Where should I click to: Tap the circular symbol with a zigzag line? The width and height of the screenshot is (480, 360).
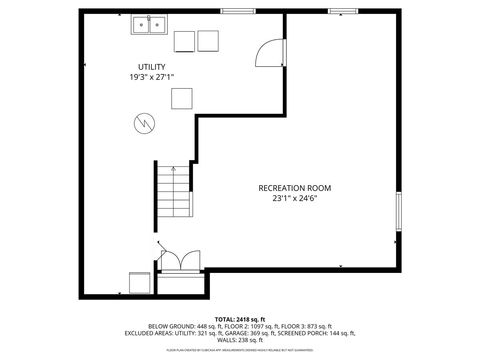144,123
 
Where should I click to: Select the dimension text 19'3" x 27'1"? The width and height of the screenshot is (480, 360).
151,77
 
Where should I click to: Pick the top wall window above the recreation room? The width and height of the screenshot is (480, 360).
342,12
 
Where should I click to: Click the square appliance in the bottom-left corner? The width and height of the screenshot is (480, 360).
138,282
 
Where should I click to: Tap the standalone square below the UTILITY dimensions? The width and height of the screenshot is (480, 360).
181,98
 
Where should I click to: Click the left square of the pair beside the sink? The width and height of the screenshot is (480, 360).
185,41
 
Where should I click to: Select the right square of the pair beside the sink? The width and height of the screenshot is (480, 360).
208,41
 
